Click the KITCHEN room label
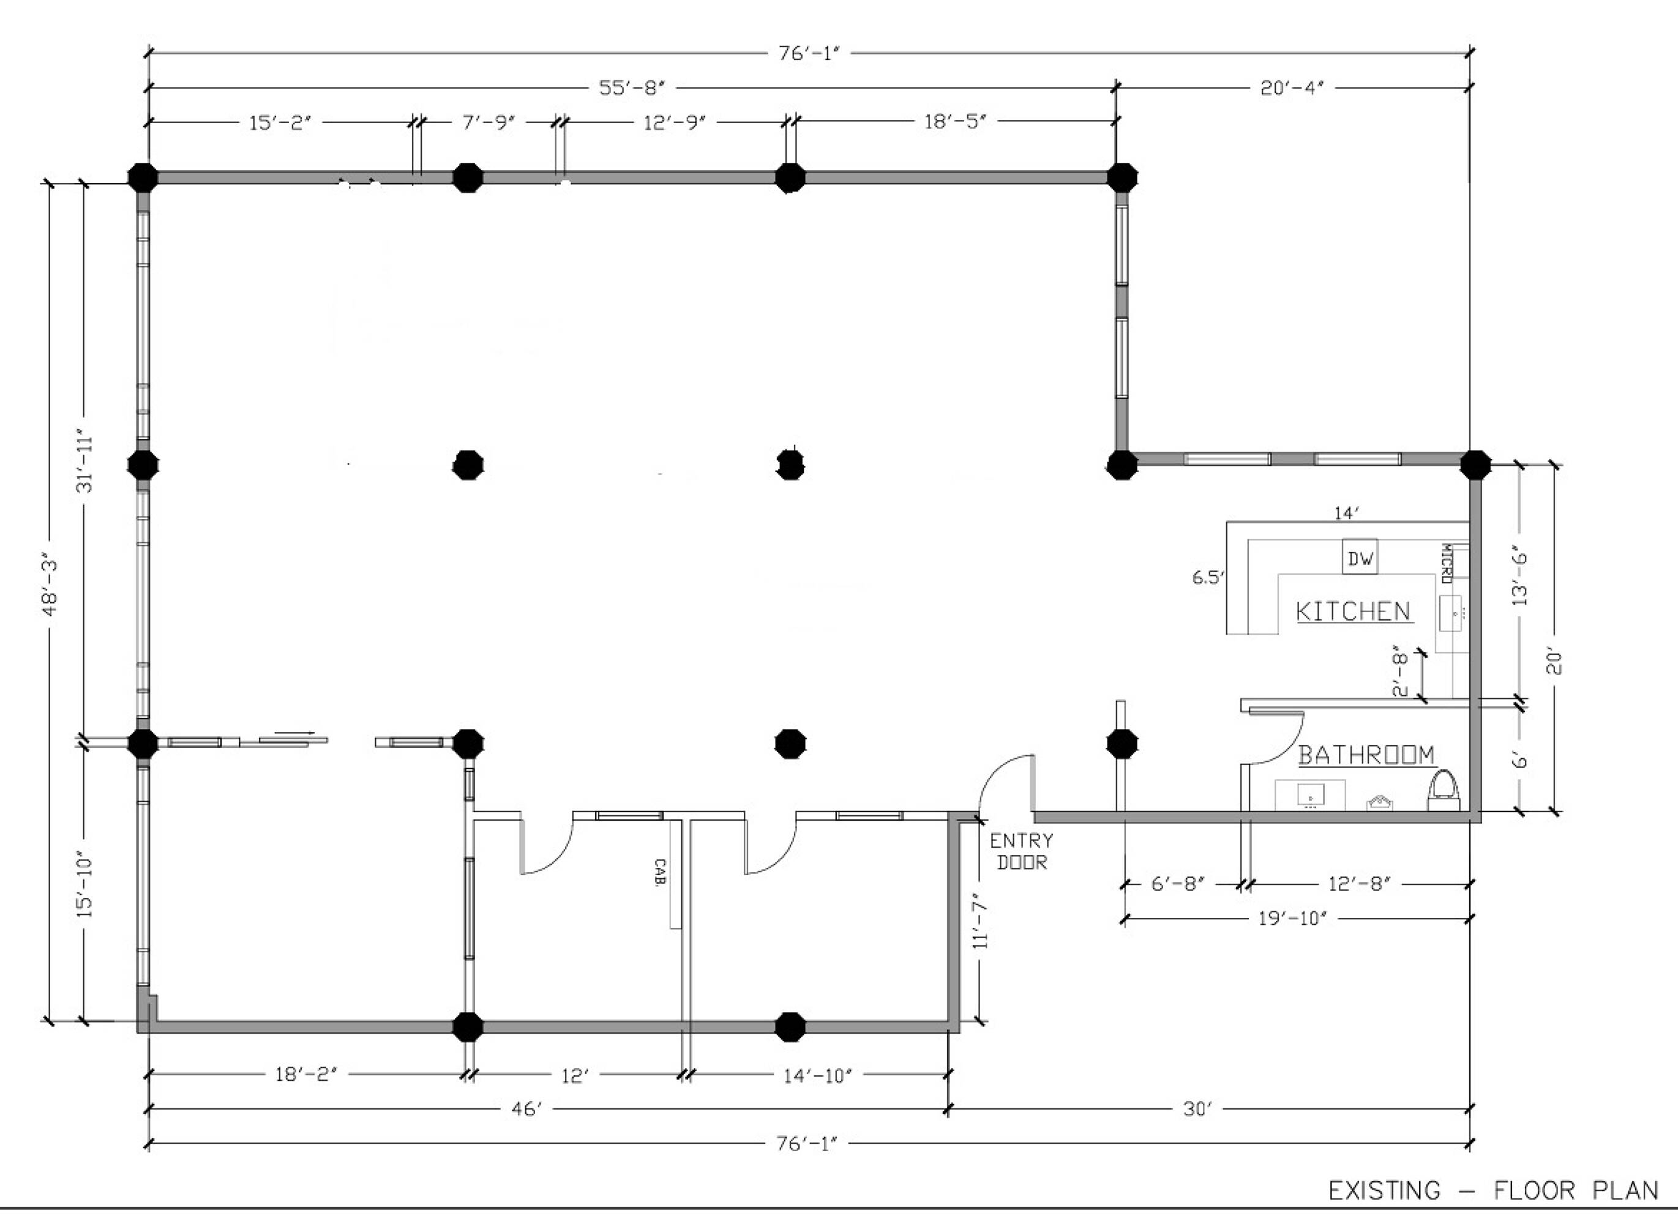[x=1353, y=612]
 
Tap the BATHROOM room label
[x=1366, y=755]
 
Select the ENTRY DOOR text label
[x=1021, y=851]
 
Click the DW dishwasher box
[x=1360, y=557]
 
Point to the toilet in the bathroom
[x=1443, y=790]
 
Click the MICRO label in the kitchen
[x=1445, y=564]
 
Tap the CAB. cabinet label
[x=660, y=871]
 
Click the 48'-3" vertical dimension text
[x=50, y=585]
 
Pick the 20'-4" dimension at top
[x=1292, y=88]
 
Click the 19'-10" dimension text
[x=1292, y=919]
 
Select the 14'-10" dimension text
[x=817, y=1075]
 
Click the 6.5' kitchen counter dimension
[x=1207, y=577]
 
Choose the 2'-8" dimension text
[x=1400, y=671]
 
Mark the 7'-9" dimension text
[x=489, y=122]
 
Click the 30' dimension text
[x=1197, y=1110]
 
